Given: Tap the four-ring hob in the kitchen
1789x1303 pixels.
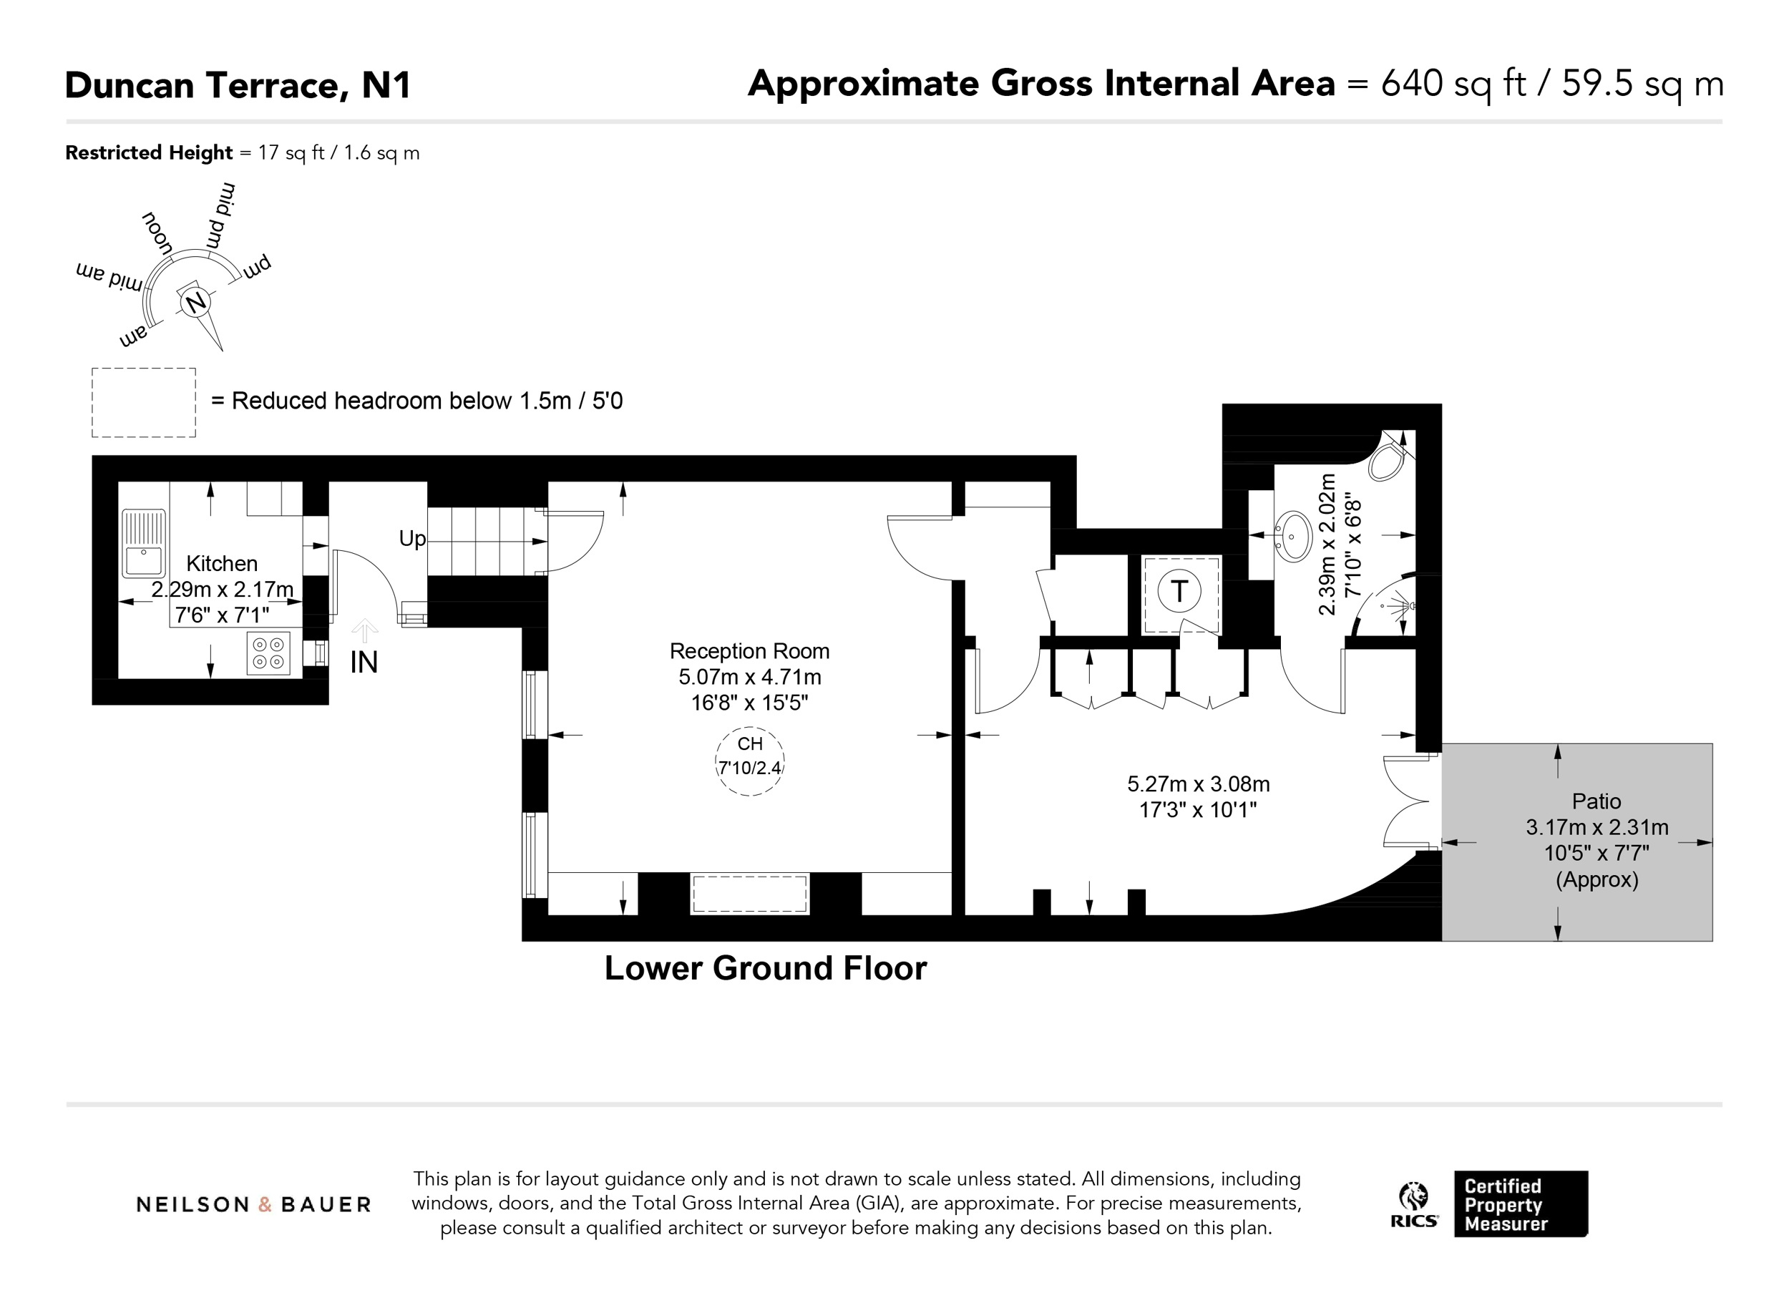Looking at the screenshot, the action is coord(268,653).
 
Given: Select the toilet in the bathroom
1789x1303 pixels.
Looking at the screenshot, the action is coord(1390,459).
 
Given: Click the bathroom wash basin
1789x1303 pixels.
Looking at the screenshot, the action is coord(1293,537).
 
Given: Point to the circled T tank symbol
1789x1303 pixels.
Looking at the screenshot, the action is coord(1179,591).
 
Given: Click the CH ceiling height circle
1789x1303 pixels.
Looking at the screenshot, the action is coord(749,761).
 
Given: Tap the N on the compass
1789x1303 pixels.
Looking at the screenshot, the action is coord(195,302).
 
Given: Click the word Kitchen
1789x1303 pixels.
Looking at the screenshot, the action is coord(222,563).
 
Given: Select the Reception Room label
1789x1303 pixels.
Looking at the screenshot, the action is coord(749,650).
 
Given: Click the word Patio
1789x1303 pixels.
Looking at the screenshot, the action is coord(1597,801).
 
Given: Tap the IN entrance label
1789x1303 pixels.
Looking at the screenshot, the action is coord(364,663).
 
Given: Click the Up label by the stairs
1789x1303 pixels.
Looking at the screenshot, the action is coord(412,540).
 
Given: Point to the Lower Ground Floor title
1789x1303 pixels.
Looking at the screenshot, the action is coord(765,969).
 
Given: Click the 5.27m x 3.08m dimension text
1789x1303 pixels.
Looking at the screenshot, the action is coord(1198,784).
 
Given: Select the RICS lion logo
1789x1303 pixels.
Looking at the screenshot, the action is coord(1413,1204).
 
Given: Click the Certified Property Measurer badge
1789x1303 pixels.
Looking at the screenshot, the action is coord(1521,1204).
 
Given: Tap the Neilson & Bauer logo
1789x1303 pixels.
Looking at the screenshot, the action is coord(254,1204).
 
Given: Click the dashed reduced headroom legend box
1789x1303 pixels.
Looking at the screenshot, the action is coord(144,402).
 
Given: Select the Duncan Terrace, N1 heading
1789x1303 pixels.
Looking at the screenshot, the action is coord(238,85).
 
